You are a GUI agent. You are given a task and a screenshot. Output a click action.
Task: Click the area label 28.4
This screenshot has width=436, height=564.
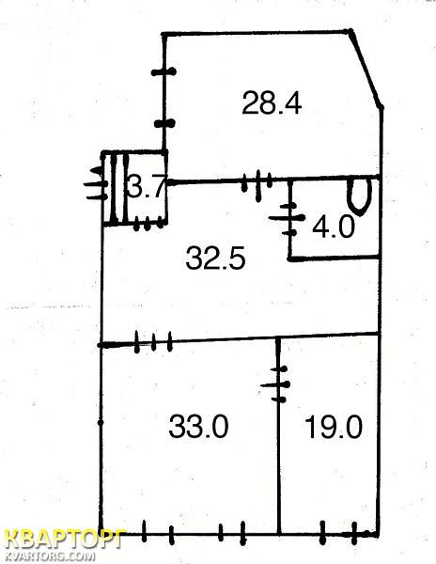pos(272,103)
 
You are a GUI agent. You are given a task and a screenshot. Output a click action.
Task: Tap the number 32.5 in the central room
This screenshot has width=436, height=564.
pos(216,258)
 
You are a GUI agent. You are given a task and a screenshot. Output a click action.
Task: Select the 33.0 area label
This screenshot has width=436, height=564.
pos(198,426)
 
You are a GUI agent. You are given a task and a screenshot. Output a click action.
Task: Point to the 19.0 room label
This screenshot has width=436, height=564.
pos(334,427)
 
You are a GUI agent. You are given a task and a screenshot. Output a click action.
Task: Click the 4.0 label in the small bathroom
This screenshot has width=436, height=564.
pos(334,227)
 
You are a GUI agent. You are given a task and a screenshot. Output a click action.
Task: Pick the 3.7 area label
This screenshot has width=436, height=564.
pos(147,185)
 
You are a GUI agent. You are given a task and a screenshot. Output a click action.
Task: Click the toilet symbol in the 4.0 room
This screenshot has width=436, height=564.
pos(360,196)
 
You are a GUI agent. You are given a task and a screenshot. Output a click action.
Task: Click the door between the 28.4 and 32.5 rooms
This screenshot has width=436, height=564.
pos(257,180)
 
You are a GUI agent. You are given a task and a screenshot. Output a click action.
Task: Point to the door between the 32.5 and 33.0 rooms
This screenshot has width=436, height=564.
pos(154,342)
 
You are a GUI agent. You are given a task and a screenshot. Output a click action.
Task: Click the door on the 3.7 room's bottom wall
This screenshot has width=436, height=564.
pos(148,225)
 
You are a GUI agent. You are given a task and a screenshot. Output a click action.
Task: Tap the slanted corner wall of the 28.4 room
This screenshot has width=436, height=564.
pos(366,69)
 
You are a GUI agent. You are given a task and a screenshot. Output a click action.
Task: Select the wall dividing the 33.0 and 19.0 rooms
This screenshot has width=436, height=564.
pos(279,435)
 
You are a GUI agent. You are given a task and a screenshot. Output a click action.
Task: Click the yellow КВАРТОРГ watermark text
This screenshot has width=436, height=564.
pos(66,539)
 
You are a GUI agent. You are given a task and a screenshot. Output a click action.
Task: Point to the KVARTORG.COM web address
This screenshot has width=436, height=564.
pos(51,556)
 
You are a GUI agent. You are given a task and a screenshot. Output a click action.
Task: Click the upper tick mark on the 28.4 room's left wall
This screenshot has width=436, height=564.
pos(163,71)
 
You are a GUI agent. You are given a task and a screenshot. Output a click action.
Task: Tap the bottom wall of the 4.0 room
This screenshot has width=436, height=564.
pos(335,258)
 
